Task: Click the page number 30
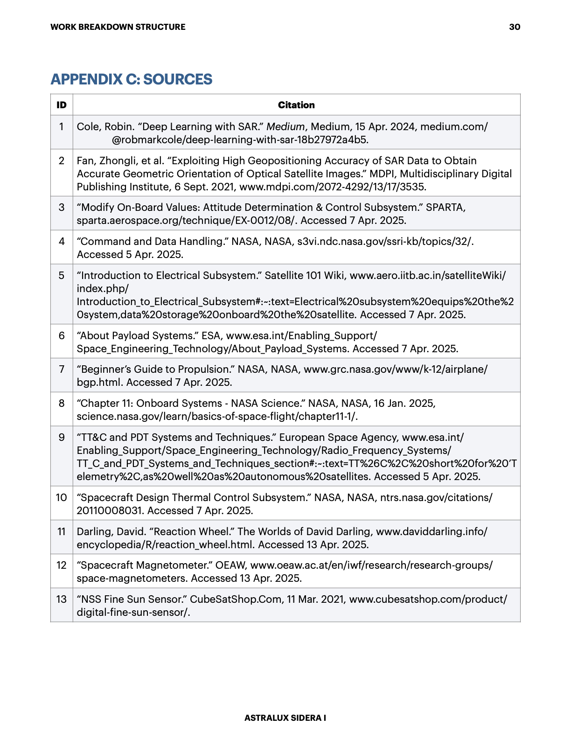pyautogui.click(x=515, y=27)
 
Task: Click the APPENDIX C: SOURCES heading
pyautogui.click(x=131, y=79)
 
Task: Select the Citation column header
pyautogui.click(x=296, y=105)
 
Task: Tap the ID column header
pyautogui.click(x=62, y=105)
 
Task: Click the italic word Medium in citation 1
pyautogui.click(x=285, y=126)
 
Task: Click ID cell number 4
pyautogui.click(x=62, y=241)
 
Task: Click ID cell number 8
pyautogui.click(x=62, y=403)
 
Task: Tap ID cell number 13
pyautogui.click(x=62, y=599)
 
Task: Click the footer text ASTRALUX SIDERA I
pyautogui.click(x=285, y=718)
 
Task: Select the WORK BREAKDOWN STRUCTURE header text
pyautogui.click(x=118, y=27)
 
